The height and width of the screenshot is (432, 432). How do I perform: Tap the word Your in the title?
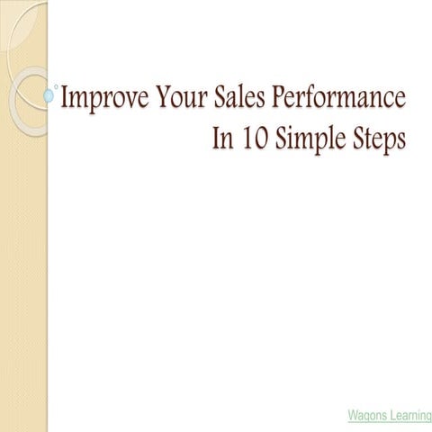176,97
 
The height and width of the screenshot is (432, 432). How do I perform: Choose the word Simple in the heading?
312,141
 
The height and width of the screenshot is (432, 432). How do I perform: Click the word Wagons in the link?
369,415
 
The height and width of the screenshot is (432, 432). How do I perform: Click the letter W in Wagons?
353,415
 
